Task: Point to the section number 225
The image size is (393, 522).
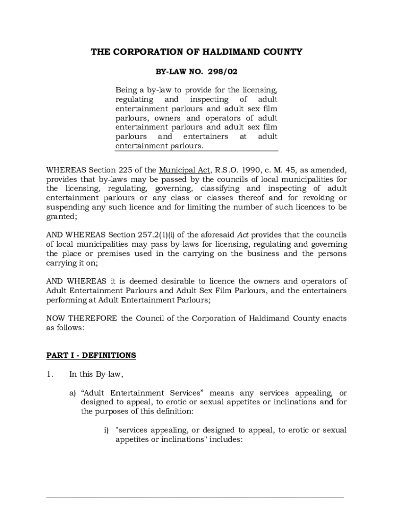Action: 141,170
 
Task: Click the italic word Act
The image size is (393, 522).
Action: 243,235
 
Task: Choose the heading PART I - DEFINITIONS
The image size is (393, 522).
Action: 91,355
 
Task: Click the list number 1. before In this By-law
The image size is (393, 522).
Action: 50,375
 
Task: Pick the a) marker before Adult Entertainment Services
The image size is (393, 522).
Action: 72,393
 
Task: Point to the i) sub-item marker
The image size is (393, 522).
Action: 107,430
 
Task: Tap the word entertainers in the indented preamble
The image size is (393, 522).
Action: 206,137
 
